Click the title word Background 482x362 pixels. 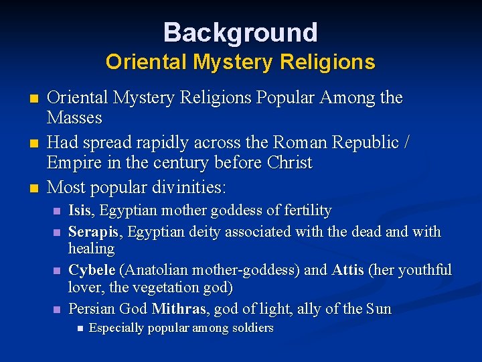(x=240, y=32)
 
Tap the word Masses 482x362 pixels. (x=74, y=118)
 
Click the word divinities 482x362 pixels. (x=191, y=186)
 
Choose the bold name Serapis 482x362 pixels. (x=93, y=232)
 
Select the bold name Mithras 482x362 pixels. (x=179, y=309)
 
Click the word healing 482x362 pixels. (x=91, y=249)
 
